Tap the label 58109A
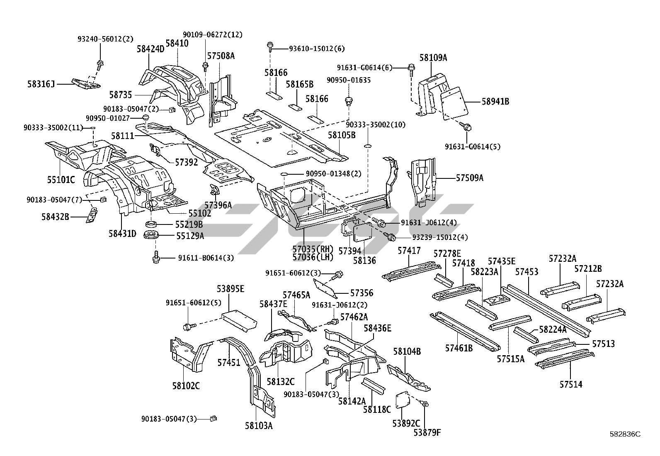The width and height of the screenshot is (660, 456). pyautogui.click(x=433, y=58)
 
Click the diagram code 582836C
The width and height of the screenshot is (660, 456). pyautogui.click(x=625, y=434)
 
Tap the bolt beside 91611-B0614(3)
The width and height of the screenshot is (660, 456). pyautogui.click(x=156, y=257)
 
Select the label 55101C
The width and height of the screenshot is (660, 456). pyautogui.click(x=61, y=180)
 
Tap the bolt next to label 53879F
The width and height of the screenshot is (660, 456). pyautogui.click(x=425, y=403)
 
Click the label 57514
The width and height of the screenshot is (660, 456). pyautogui.click(x=571, y=385)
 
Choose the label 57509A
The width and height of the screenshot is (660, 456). pyautogui.click(x=470, y=178)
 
